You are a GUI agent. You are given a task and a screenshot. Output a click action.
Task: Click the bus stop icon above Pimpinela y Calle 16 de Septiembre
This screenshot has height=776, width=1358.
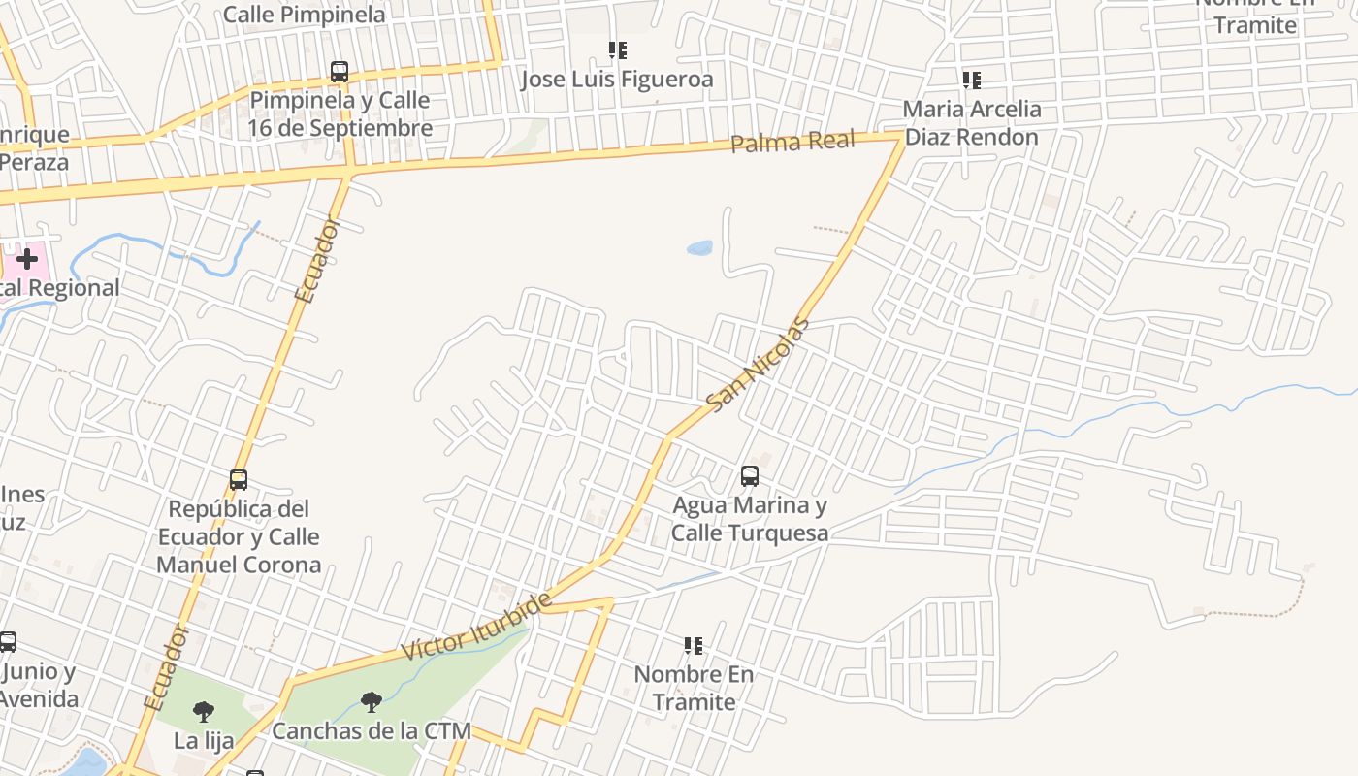coord(339,71)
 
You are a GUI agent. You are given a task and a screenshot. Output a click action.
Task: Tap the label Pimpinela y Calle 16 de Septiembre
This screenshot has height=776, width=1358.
coord(339,113)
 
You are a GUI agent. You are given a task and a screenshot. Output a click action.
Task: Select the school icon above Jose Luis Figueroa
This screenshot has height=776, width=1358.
coord(617,49)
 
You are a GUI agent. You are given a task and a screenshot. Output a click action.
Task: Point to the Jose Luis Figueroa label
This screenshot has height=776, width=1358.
coord(617,79)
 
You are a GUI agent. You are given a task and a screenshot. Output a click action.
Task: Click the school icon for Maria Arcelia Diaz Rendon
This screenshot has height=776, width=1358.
coord(971,80)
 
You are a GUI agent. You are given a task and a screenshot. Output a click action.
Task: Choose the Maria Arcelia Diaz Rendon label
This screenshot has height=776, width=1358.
coord(971,122)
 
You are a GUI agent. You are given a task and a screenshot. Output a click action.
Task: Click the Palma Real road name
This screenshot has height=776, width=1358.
coord(792,142)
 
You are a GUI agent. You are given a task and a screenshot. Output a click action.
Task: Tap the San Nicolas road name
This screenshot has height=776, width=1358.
coord(757,364)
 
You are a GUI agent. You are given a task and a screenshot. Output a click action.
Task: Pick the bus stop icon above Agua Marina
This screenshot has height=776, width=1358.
coord(749,475)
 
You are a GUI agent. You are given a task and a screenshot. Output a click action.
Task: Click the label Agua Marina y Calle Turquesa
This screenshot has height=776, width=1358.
coord(750,519)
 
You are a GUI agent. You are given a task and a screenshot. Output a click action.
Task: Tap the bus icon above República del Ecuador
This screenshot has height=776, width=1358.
coord(239,479)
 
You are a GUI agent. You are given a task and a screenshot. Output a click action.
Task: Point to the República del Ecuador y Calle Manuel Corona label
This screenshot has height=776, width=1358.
coord(239,536)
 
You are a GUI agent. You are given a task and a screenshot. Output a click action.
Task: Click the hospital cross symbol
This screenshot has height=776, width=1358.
coord(27,259)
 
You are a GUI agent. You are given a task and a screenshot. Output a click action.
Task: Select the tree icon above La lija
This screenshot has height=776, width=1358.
coord(203,712)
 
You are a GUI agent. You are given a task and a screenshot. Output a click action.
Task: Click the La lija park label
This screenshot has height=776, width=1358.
coord(204,741)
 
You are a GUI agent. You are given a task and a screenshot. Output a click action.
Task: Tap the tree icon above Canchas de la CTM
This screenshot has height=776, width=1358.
coord(371,702)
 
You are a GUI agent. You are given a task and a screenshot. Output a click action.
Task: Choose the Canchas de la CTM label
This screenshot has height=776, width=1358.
coord(371,731)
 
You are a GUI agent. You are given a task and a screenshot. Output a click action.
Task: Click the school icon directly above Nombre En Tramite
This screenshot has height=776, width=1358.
coord(693,645)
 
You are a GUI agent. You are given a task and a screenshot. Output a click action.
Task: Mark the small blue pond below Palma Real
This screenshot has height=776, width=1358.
coord(699,248)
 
